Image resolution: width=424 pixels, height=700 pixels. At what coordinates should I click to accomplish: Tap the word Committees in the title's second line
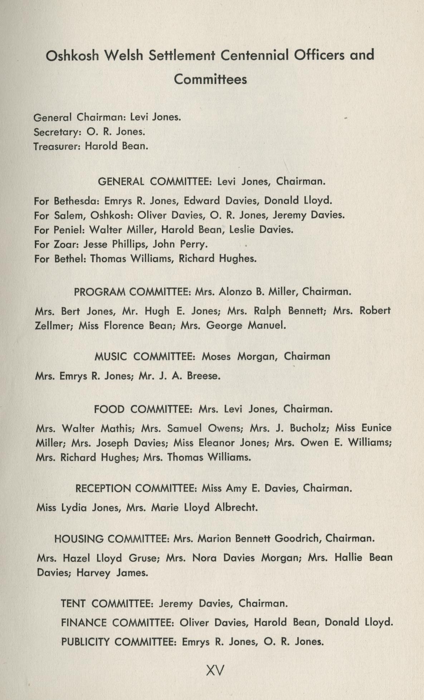(210, 79)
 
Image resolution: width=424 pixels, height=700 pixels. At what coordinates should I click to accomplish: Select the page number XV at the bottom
(215, 670)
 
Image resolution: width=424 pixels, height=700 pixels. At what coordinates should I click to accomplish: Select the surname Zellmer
(54, 326)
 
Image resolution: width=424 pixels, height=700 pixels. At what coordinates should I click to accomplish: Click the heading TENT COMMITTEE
(107, 604)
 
